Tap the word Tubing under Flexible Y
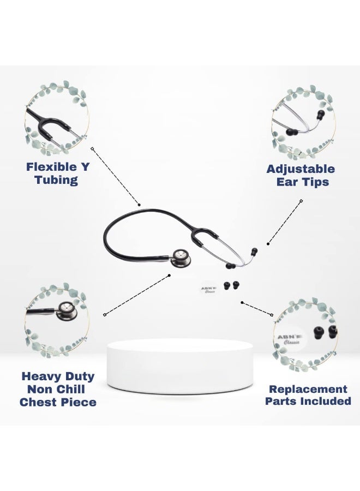click(x=56, y=180)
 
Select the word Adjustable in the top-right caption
click(x=301, y=169)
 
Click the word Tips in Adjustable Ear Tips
click(x=316, y=182)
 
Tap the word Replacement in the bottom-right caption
click(x=308, y=389)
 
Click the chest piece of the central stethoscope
click(x=181, y=258)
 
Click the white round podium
click(x=180, y=367)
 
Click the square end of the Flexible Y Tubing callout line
click(x=92, y=149)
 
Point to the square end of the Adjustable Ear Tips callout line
click(x=301, y=201)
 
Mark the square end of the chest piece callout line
click(x=105, y=314)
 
